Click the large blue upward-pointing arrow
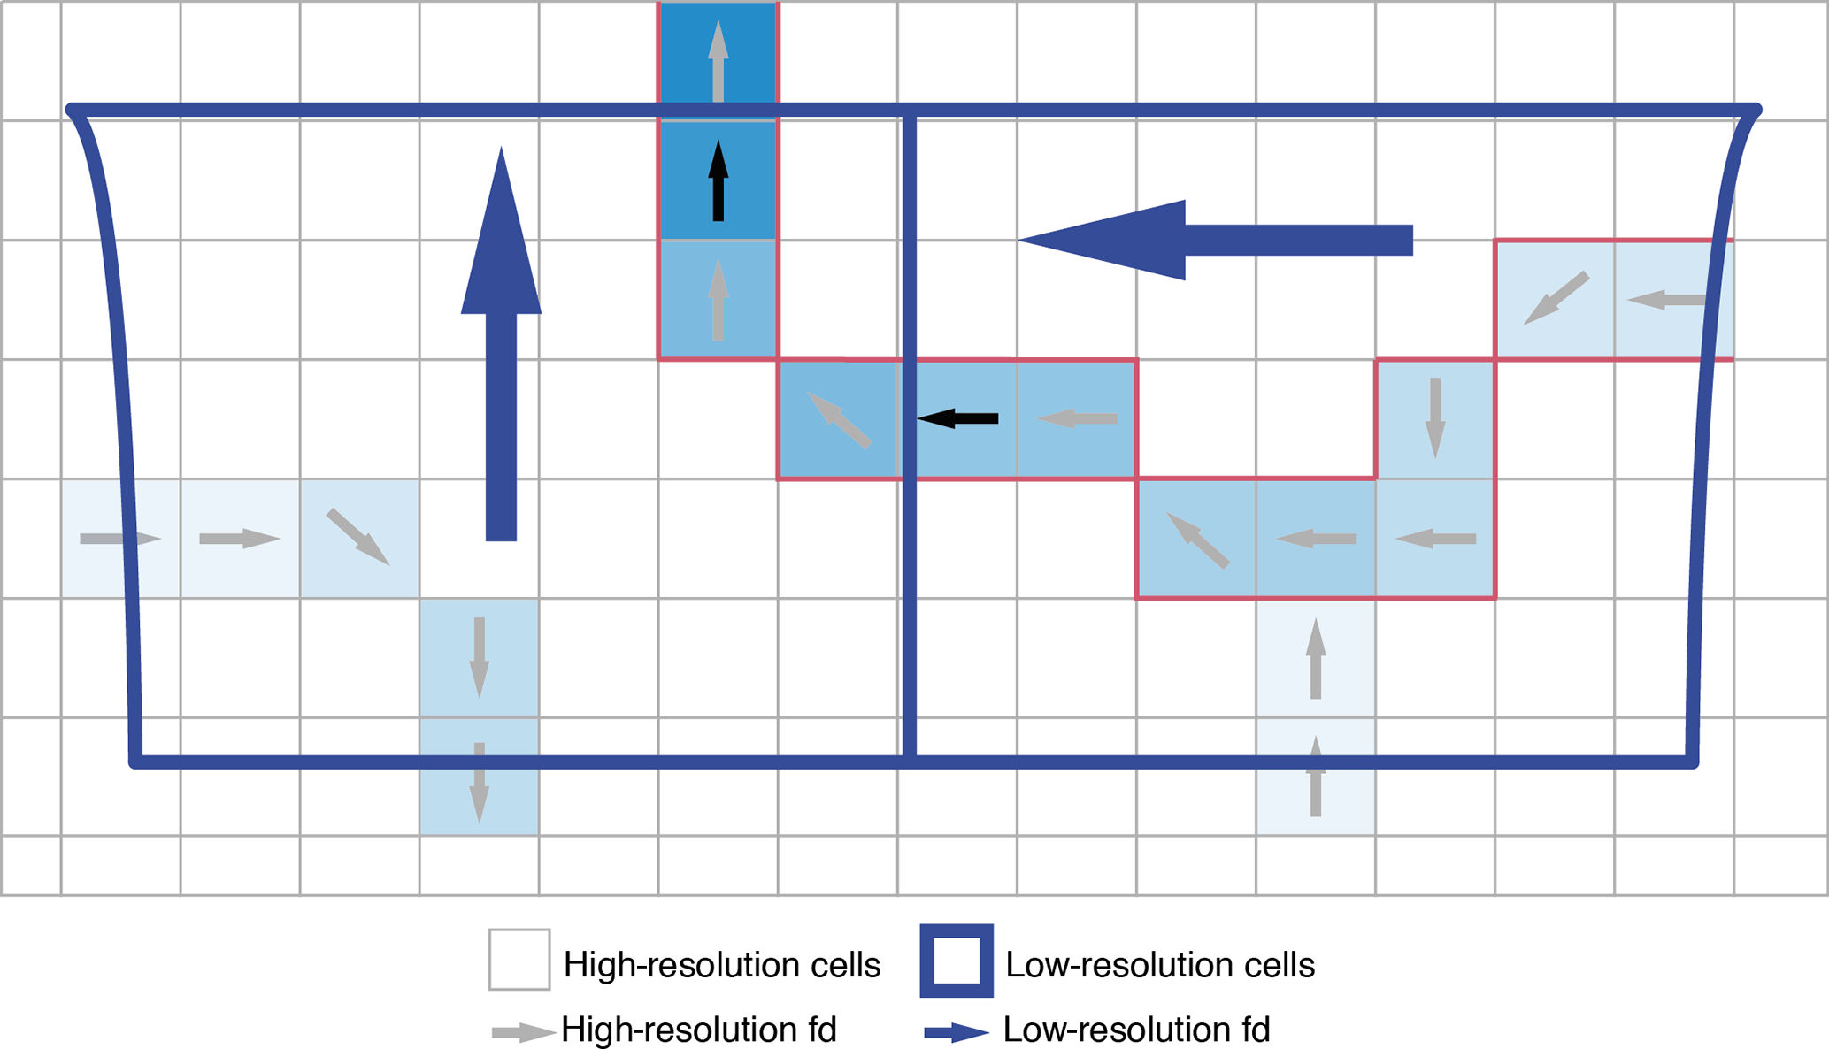tap(501, 354)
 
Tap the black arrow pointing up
tap(719, 181)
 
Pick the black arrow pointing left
tap(957, 418)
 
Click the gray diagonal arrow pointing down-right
tap(358, 537)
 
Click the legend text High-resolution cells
tap(721, 965)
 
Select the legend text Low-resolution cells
tap(1160, 965)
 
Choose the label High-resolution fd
tap(699, 1030)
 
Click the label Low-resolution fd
tap(1136, 1030)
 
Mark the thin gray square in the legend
tap(519, 960)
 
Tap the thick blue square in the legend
tap(957, 961)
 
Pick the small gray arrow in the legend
tap(523, 1032)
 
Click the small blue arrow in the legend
tap(957, 1032)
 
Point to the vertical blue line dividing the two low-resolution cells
tap(909, 575)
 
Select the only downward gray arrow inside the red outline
tap(1435, 417)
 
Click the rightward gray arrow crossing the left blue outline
tap(120, 539)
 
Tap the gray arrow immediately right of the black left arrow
tap(1077, 418)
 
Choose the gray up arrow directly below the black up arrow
tap(719, 300)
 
